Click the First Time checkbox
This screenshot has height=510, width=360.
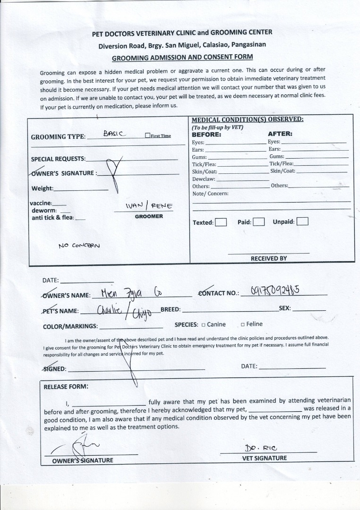point(148,136)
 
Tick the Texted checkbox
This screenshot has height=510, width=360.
point(221,222)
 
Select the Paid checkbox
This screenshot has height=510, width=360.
point(258,222)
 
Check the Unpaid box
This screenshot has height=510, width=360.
point(302,221)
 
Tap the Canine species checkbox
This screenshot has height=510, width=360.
point(203,325)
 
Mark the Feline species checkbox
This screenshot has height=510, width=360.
point(242,324)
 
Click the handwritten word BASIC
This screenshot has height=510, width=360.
point(114,134)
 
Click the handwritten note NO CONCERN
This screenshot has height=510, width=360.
point(79,246)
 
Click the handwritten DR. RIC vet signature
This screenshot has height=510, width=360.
point(257,448)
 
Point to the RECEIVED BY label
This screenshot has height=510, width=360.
point(268,258)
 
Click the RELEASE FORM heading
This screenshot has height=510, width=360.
point(66,386)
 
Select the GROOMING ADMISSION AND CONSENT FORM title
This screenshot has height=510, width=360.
point(182,57)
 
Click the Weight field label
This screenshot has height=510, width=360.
point(42,188)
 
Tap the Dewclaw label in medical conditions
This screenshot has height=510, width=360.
point(204,179)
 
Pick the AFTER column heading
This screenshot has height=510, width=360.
point(280,134)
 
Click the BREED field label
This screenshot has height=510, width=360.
point(171,309)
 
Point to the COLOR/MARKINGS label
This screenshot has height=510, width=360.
point(70,326)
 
